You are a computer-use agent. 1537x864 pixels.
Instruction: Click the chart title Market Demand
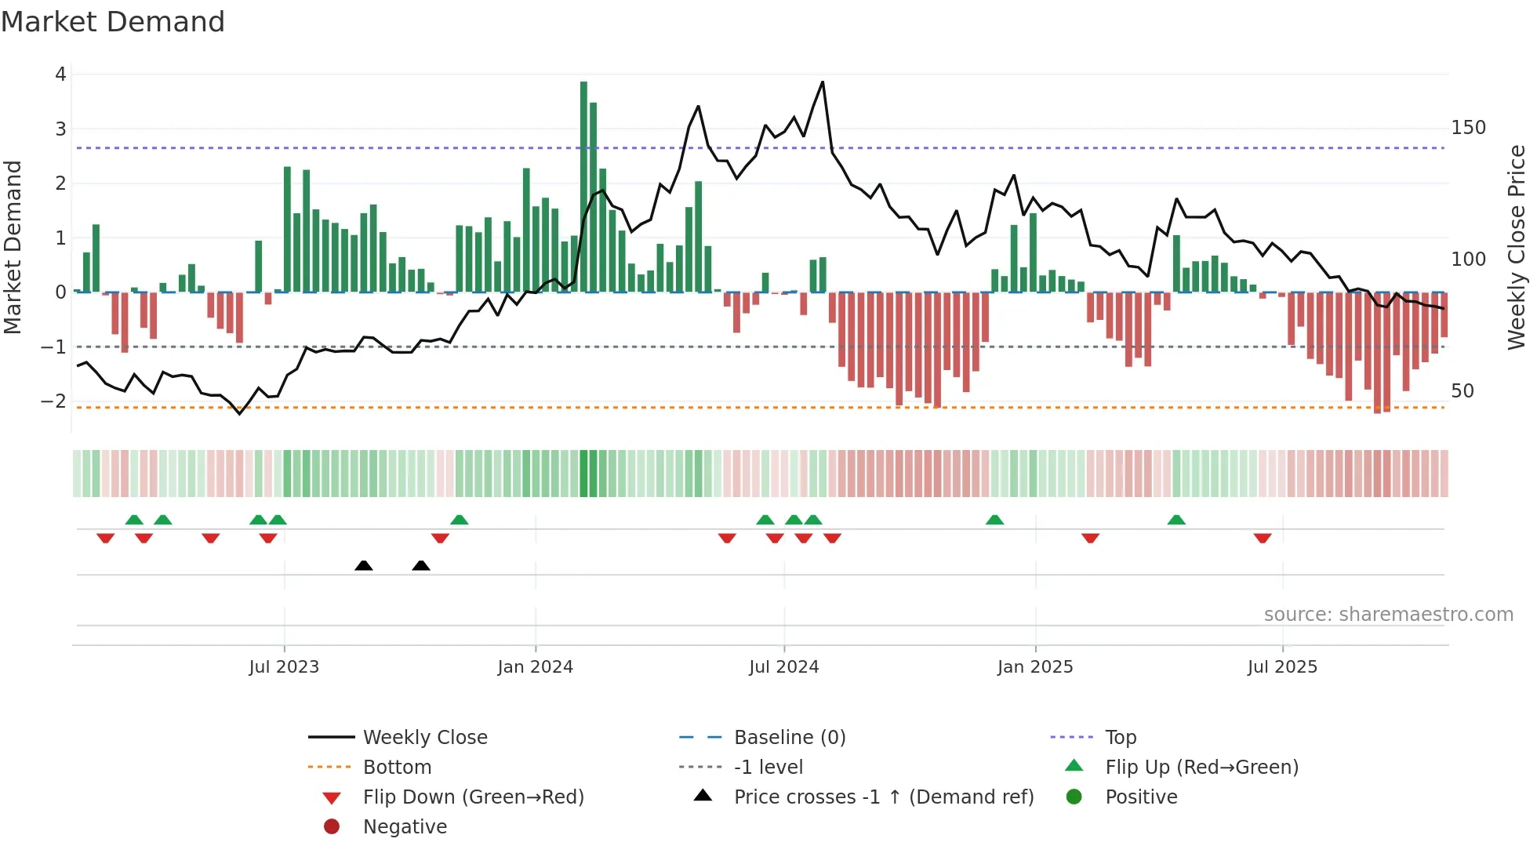tap(113, 22)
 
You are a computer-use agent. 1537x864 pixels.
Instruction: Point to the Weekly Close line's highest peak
tap(822, 82)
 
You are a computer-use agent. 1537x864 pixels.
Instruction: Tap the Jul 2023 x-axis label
tap(284, 667)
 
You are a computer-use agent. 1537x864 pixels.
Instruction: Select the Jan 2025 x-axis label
tap(1035, 667)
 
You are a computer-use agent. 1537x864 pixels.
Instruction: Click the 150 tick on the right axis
tap(1468, 128)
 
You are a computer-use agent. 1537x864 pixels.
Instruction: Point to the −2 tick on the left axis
tap(54, 401)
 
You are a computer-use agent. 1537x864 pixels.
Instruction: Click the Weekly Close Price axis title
tap(1517, 247)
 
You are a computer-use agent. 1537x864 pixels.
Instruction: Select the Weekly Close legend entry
tap(424, 737)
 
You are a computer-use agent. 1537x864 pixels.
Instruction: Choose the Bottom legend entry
tap(397, 767)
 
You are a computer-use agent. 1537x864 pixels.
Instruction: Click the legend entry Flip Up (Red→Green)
tap(1201, 767)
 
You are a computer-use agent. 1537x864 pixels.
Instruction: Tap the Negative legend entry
tap(405, 826)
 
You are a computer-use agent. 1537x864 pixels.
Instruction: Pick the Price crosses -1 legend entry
tap(883, 797)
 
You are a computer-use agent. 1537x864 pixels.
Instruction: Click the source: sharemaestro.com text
tap(1388, 615)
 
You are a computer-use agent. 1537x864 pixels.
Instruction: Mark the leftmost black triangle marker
tap(364, 565)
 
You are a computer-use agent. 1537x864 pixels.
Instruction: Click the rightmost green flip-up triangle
tap(1176, 520)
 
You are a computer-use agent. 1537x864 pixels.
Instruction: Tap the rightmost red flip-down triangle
tap(1263, 538)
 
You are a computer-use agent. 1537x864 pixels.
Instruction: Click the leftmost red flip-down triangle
tap(105, 538)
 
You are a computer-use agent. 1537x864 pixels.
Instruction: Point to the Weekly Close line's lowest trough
tap(240, 413)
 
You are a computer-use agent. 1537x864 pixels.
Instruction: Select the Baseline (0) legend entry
tap(789, 737)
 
